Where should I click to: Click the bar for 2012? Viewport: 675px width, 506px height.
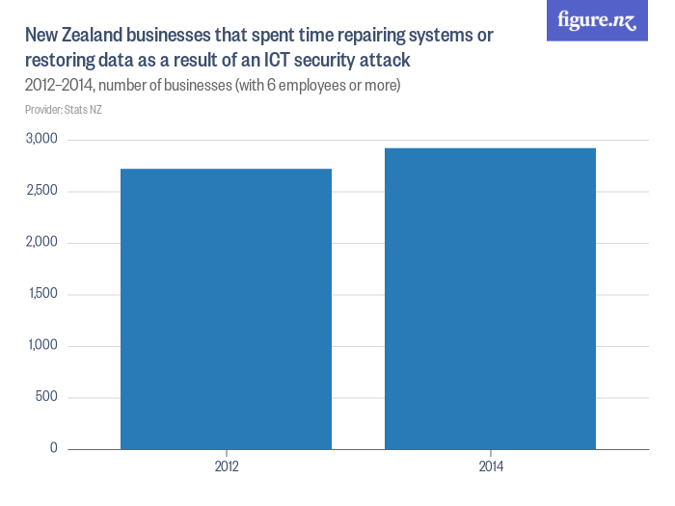[x=226, y=308]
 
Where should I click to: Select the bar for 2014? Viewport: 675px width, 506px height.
[x=490, y=298]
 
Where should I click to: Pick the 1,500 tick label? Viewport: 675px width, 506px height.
[x=40, y=294]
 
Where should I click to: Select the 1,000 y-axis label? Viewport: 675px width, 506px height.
[x=40, y=345]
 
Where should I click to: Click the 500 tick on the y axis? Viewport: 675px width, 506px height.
[x=46, y=397]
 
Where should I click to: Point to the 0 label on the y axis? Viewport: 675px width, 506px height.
[x=54, y=448]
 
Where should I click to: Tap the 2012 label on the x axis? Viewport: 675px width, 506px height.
[x=226, y=466]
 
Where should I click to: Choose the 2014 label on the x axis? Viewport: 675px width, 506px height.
[x=490, y=466]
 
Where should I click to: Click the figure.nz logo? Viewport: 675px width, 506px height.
[x=598, y=20]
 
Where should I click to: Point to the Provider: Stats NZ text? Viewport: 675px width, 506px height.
[x=64, y=110]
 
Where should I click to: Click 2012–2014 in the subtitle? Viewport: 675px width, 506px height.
[x=56, y=87]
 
